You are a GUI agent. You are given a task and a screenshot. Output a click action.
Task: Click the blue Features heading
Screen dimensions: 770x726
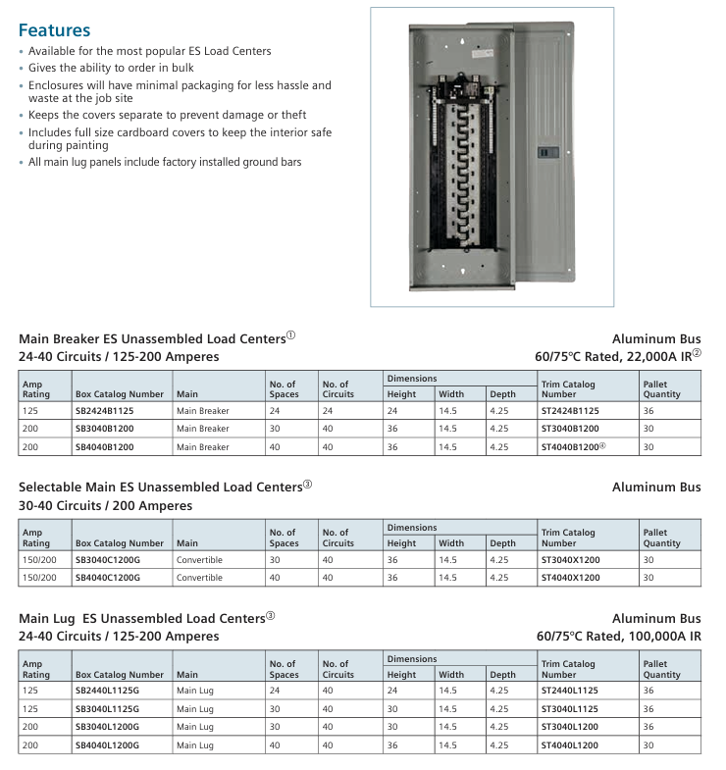click(x=54, y=30)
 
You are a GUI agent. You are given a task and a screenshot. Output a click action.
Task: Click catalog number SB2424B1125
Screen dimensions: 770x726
click(x=105, y=411)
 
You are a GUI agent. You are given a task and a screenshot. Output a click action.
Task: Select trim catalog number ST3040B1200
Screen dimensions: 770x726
click(x=570, y=429)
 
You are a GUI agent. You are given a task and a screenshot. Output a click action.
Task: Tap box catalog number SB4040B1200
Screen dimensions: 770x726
click(x=105, y=446)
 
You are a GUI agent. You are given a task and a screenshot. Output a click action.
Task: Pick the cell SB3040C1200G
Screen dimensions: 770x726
click(x=108, y=560)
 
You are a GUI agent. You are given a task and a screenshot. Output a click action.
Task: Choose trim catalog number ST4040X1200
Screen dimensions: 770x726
click(x=570, y=578)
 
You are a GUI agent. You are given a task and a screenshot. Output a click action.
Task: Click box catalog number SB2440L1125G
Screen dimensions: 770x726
click(x=108, y=692)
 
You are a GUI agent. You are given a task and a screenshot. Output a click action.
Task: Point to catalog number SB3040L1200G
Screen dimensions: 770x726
click(x=108, y=727)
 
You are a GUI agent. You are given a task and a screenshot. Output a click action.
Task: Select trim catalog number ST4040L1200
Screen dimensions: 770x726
click(x=570, y=744)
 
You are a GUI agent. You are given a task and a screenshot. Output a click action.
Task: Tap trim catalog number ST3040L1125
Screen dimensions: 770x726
click(x=570, y=709)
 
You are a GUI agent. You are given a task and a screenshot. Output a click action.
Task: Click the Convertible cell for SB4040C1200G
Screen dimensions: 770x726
click(x=200, y=578)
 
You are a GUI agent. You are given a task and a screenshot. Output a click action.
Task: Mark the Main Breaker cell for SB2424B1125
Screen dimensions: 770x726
click(x=203, y=411)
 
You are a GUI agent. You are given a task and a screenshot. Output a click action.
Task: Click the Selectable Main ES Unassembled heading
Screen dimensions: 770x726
click(x=161, y=488)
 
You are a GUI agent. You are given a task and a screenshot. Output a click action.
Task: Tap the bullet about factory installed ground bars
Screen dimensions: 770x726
click(x=165, y=162)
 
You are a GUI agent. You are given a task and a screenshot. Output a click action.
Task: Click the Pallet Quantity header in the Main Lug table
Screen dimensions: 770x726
click(x=662, y=669)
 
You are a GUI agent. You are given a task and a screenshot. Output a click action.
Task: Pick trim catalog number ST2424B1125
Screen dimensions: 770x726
click(x=570, y=411)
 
